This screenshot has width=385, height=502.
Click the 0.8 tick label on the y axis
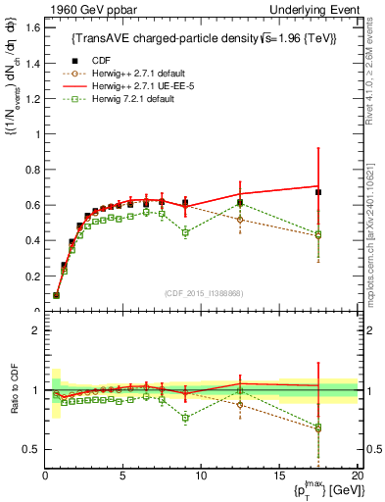(x=30, y=170)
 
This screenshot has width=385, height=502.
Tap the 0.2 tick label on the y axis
(x=30, y=276)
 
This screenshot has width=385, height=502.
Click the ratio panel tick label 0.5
(x=30, y=449)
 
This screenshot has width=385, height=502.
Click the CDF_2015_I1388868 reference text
(x=201, y=293)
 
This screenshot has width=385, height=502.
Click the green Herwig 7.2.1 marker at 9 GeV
(x=185, y=232)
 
